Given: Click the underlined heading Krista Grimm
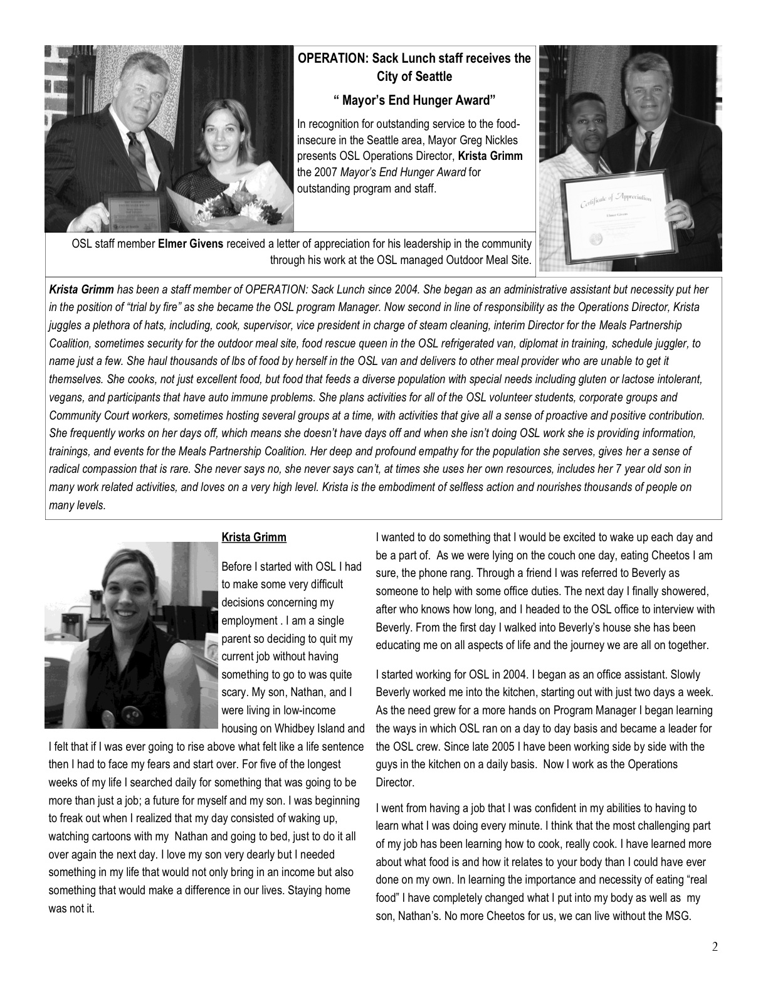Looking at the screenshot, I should pyautogui.click(x=254, y=537).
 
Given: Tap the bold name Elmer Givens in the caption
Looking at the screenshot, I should pyautogui.click(x=191, y=243).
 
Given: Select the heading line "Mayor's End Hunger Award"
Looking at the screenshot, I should pyautogui.click(x=414, y=100).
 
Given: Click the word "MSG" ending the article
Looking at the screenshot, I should pyautogui.click(x=678, y=916).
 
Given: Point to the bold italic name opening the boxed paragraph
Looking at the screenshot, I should pyautogui.click(x=82, y=290).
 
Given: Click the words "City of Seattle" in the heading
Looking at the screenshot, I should pyautogui.click(x=414, y=77).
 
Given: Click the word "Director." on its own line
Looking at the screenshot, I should pyautogui.click(x=395, y=782).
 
